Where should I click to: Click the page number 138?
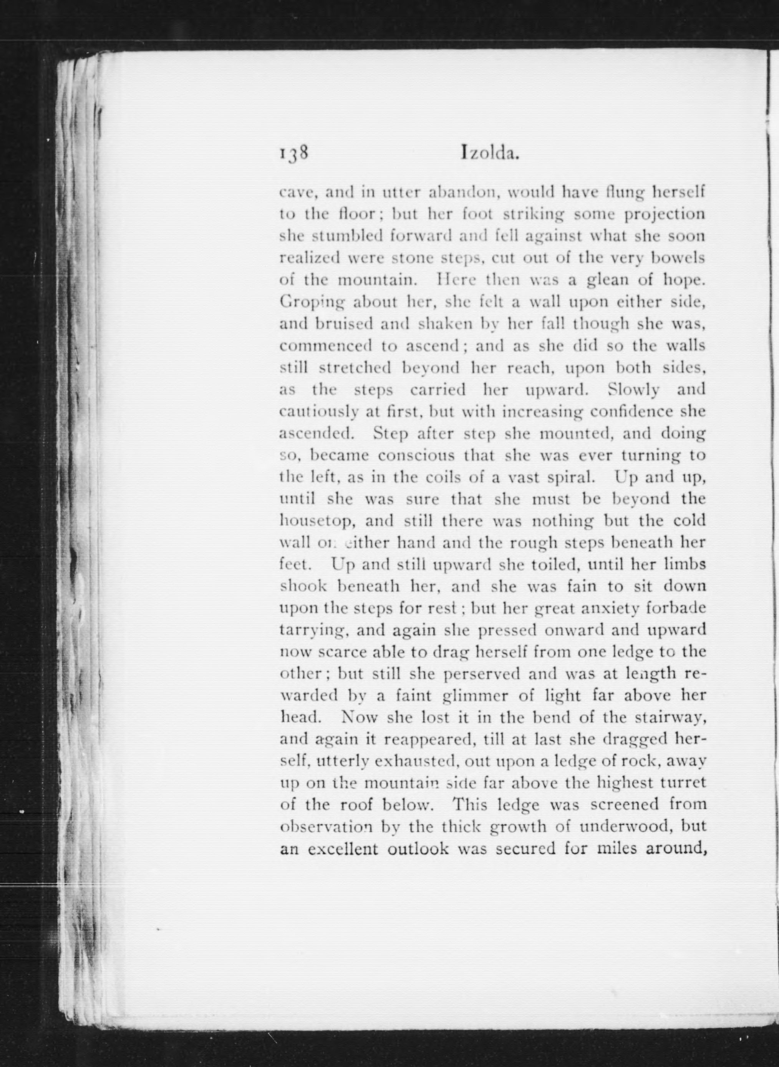coord(293,154)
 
